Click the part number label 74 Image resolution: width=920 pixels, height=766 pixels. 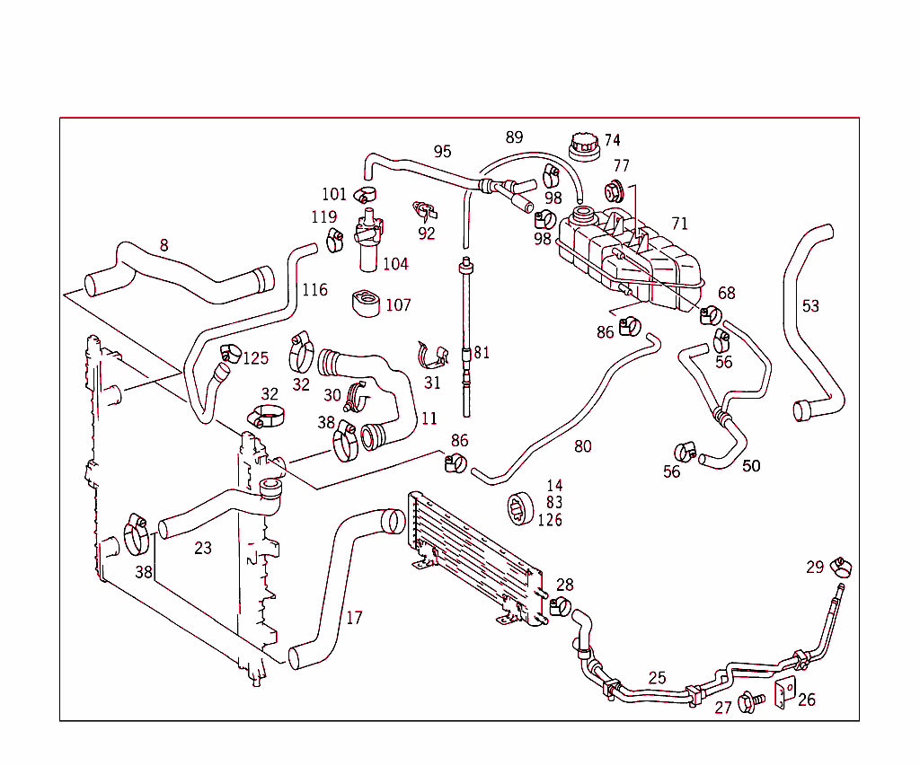tap(612, 140)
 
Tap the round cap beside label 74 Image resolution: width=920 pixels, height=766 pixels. tap(584, 145)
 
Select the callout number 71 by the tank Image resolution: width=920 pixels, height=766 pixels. tap(679, 223)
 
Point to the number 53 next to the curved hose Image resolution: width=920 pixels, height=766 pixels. tap(810, 306)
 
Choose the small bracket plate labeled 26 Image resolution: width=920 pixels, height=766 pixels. tap(784, 693)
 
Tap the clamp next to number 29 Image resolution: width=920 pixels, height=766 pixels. tap(841, 567)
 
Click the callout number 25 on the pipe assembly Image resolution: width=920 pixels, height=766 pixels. tap(658, 678)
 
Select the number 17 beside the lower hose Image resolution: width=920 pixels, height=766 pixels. tap(354, 618)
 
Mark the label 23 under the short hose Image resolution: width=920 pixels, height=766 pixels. tap(203, 548)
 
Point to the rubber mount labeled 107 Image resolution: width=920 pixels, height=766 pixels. tap(365, 303)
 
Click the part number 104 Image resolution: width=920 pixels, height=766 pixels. tap(395, 264)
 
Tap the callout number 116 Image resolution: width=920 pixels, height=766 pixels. tap(314, 290)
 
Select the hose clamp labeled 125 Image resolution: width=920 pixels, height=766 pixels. tap(229, 357)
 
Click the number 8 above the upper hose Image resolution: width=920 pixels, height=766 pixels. tap(164, 244)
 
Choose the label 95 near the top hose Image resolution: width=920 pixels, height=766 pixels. tap(442, 152)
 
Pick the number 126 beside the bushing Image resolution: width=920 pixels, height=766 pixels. tap(550, 520)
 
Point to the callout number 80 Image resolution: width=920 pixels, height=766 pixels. tap(582, 446)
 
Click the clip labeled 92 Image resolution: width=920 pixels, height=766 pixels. tap(423, 212)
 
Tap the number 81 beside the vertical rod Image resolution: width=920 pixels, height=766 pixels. tap(482, 352)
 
